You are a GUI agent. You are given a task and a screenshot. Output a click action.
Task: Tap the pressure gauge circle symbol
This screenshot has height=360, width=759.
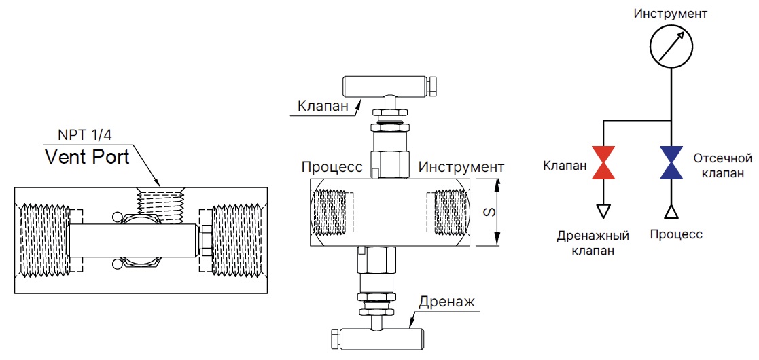[671, 46]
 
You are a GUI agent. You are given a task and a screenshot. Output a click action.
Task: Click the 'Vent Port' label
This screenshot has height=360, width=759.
[87, 157]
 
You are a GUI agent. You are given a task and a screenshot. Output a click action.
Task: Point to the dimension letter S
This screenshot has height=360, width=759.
[487, 212]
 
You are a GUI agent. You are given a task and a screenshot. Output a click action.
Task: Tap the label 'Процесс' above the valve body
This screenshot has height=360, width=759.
[331, 167]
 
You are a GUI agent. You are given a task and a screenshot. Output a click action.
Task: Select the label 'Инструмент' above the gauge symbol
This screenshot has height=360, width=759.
[670, 13]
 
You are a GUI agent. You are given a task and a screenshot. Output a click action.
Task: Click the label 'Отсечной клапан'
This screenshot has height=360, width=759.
[722, 165]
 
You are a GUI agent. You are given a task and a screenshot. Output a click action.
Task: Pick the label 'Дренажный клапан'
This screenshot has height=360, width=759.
[593, 243]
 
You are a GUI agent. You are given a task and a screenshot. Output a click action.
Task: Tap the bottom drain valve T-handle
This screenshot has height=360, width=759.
[378, 337]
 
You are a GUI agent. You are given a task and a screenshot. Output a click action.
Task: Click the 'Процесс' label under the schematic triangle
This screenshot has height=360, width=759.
[675, 235]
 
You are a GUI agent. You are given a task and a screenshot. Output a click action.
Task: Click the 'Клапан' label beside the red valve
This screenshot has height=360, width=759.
[565, 164]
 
